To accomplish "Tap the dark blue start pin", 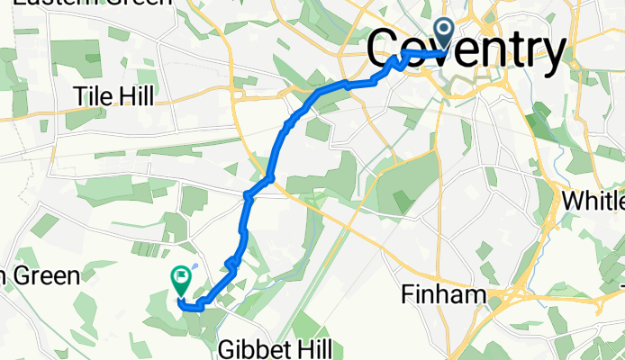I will (445, 33).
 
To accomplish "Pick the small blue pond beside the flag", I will (196, 268).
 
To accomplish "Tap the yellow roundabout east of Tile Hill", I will (239, 90).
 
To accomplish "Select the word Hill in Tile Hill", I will (138, 95).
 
